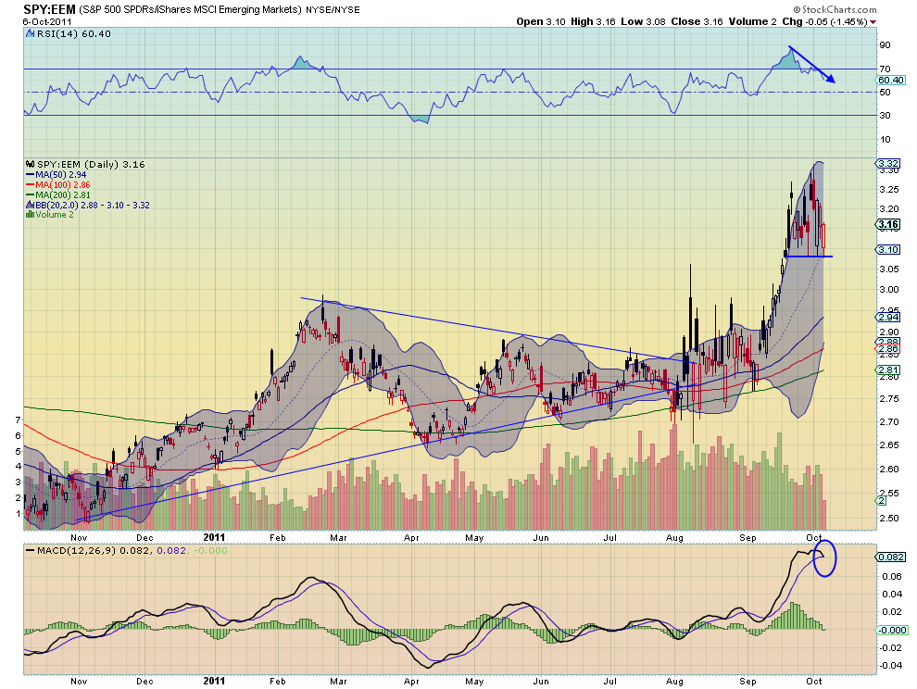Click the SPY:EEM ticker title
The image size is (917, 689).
[49, 9]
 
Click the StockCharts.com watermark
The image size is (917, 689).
[835, 9]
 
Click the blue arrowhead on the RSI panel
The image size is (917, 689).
[831, 80]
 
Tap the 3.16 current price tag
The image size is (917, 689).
[888, 225]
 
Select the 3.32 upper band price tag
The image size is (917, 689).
[887, 163]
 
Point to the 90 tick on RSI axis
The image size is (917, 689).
[885, 45]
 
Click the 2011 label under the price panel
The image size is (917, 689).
[215, 537]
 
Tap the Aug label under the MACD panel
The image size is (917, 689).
[674, 682]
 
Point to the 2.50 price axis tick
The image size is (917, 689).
[889, 519]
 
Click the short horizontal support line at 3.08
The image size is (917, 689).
[809, 257]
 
